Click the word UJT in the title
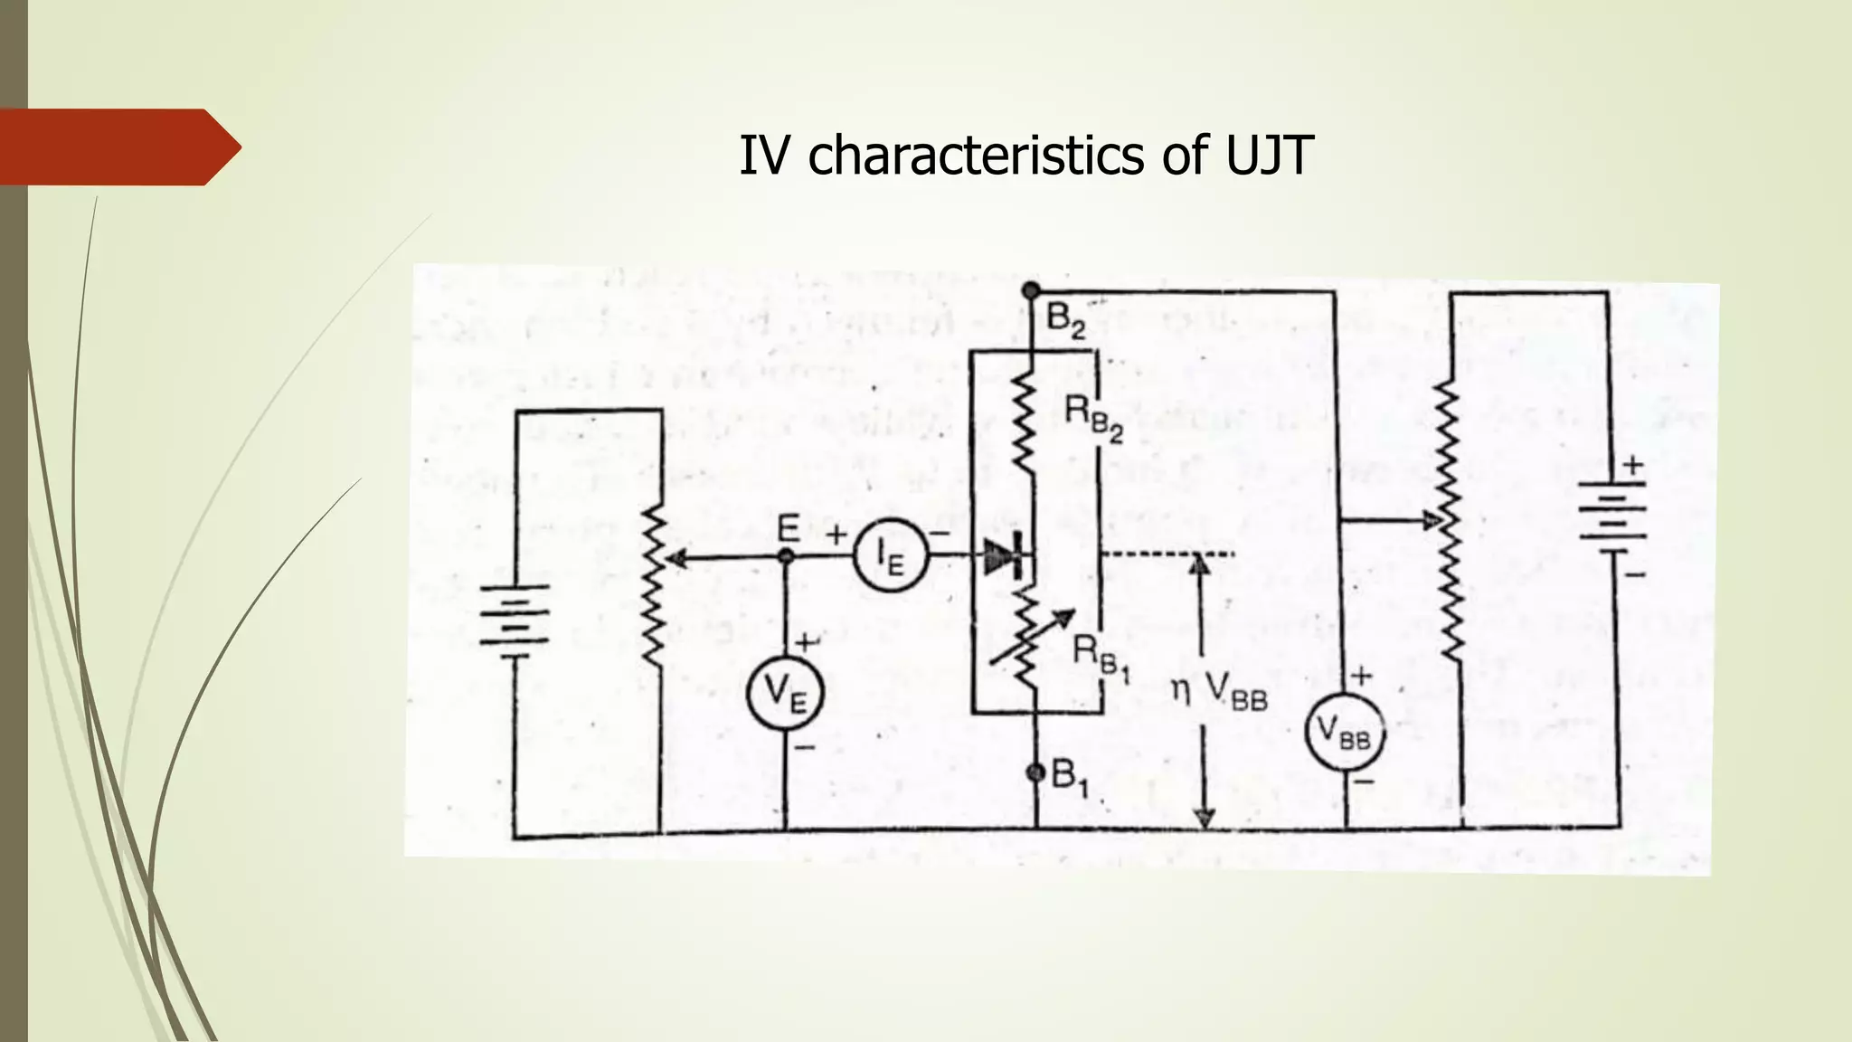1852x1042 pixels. pos(1269,156)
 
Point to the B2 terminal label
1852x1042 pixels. pos(1065,320)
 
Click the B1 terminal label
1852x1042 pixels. pos(1070,778)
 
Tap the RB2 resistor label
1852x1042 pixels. pos(1093,419)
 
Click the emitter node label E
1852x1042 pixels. pos(789,528)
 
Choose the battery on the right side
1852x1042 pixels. pos(1612,516)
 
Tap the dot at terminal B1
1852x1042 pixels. pos(1036,772)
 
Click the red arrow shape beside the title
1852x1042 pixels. pos(120,147)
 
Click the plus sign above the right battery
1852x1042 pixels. pos(1632,466)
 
